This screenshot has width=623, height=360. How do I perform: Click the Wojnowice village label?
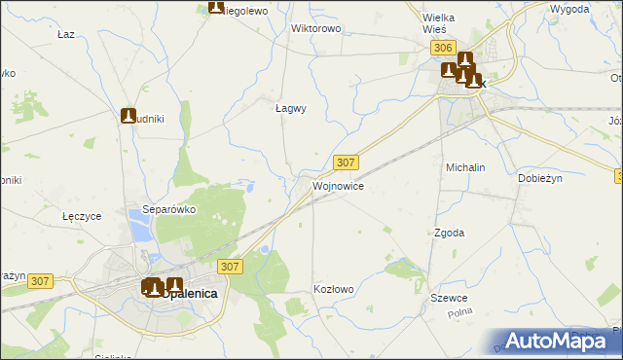coord(339,185)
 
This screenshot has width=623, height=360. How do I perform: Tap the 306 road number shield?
coord(443,48)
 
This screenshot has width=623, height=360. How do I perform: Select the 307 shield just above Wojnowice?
coord(346,162)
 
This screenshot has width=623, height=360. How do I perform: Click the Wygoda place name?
coord(569,9)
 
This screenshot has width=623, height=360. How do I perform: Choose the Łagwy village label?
coord(291,109)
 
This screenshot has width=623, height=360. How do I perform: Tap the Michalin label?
coord(465,167)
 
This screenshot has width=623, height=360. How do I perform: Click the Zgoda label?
coord(449,234)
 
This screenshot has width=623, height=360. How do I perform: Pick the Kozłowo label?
coord(333,289)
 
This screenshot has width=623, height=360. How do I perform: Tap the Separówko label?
coord(170,209)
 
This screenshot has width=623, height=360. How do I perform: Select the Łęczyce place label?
coord(82,216)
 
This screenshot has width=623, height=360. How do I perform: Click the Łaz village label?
coord(66,34)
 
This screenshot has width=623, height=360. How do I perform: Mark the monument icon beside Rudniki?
coord(128,116)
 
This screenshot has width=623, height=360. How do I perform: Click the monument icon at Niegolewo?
coord(216,8)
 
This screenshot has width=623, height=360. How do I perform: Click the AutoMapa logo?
coord(554,341)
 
